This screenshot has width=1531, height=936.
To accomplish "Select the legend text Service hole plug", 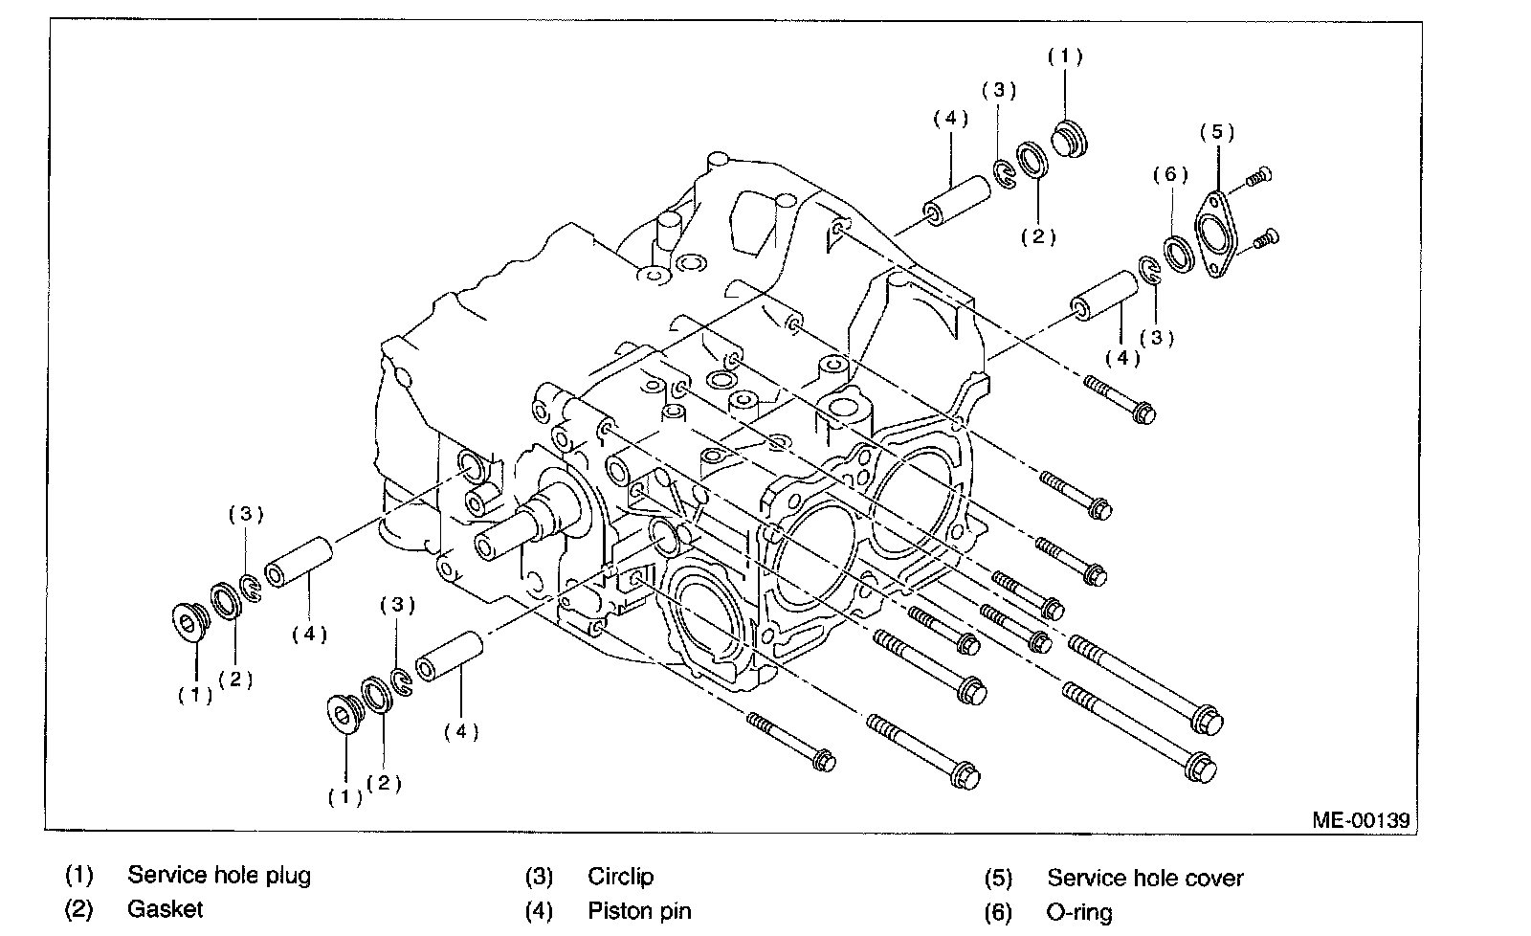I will coord(219,875).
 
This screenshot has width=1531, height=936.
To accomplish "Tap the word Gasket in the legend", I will coord(165,908).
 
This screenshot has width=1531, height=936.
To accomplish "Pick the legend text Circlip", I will coord(621,877).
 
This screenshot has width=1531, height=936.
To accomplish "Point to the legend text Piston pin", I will coord(639,910).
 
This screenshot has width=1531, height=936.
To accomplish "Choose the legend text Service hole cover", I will coord(1145,878).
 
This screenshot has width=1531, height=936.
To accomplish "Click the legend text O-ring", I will coord(1079,912).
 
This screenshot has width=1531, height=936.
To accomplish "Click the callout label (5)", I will coord(1216,132).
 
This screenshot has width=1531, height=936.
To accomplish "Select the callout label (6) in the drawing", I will coord(1169,174).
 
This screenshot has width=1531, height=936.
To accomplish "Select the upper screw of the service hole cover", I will coord(1258,177).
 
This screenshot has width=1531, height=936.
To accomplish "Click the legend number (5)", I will coord(998,878).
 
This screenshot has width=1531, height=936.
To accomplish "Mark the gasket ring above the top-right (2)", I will coord(1033,160).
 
